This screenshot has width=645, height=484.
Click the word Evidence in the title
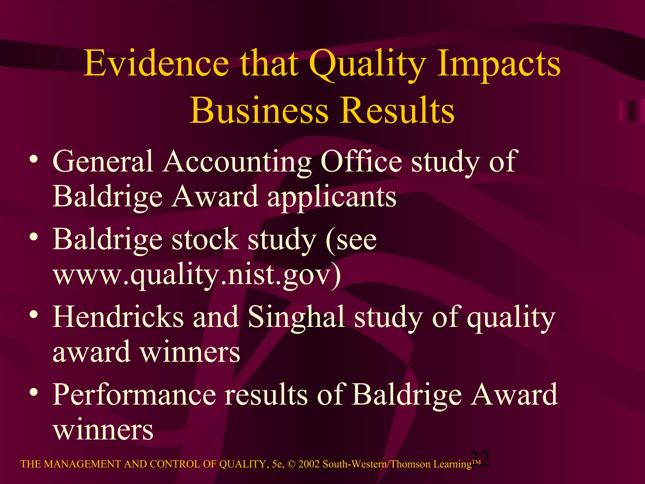[x=156, y=64]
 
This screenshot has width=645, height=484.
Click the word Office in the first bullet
[x=361, y=161]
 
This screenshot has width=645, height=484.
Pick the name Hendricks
[x=118, y=317]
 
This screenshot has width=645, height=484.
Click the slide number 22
[x=479, y=458]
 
